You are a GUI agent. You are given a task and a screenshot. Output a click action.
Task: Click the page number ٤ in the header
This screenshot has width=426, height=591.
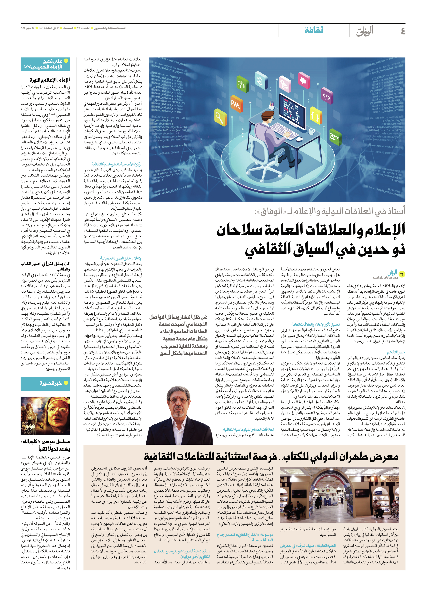[x=403, y=31]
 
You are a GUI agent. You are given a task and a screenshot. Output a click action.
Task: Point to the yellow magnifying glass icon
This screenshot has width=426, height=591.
[x=221, y=117]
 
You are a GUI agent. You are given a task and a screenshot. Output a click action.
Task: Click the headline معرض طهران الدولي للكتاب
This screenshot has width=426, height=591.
[x=339, y=457]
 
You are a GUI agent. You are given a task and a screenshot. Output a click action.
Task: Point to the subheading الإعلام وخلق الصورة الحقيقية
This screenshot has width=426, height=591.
[x=121, y=258]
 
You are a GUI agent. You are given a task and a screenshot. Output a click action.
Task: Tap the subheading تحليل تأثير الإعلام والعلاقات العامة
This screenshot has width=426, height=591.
[x=316, y=324]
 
